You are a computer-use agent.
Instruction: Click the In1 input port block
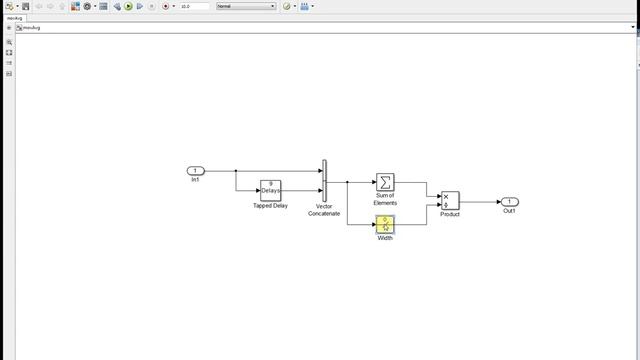195,171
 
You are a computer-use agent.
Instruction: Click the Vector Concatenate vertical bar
324,181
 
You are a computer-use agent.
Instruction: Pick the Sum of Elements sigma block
385,182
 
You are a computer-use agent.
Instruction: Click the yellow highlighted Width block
385,224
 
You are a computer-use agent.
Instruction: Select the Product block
450,201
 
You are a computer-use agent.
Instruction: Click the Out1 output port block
510,202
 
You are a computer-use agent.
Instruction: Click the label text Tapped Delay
270,206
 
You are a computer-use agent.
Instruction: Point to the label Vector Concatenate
324,210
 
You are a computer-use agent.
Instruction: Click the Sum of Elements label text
385,199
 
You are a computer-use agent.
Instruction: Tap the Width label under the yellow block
385,238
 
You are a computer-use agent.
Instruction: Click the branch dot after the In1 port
236,171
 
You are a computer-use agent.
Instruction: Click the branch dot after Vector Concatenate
347,182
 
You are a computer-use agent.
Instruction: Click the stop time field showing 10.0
194,6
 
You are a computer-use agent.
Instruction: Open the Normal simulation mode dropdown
246,6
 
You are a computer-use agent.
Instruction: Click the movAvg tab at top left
14,18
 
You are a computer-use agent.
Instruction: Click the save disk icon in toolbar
25,6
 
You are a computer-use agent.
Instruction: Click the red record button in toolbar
165,6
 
